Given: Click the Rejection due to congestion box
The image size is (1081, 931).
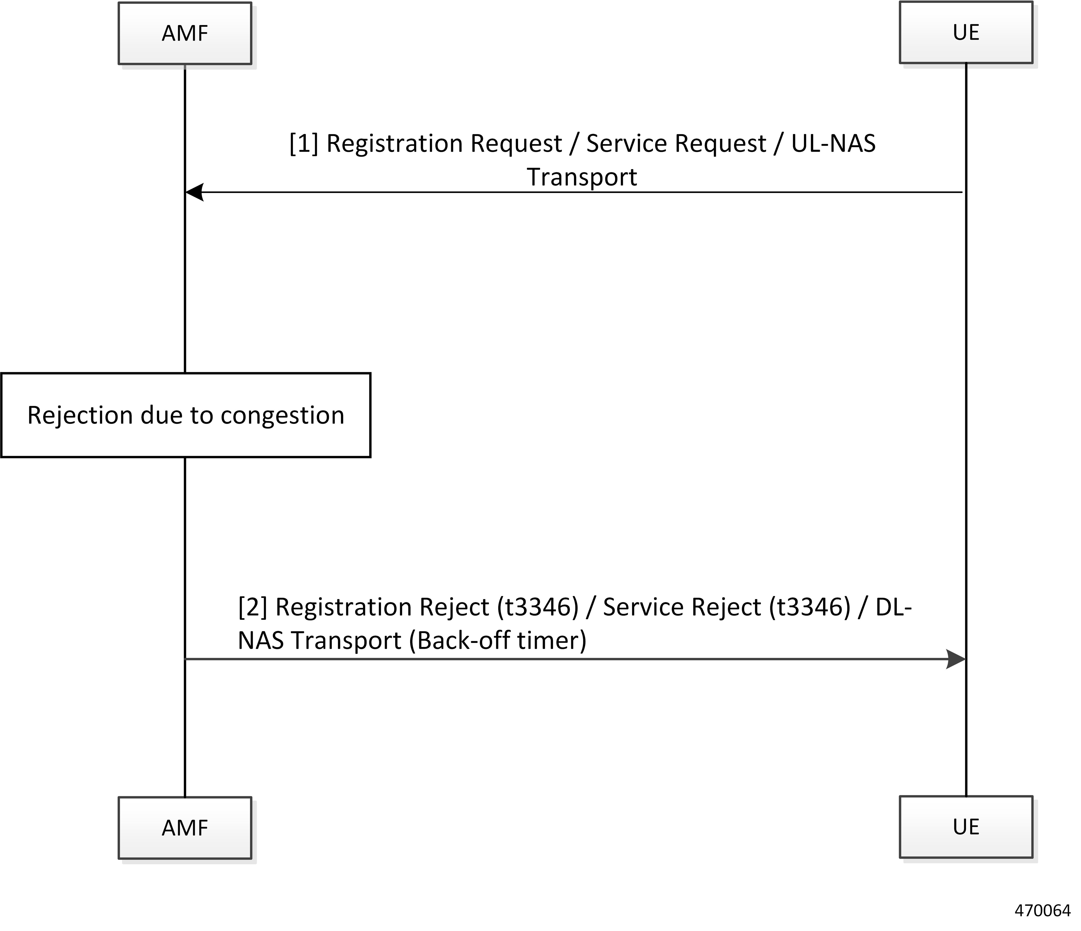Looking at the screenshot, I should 186,415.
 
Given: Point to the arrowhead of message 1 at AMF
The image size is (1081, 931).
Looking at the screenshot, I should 194,193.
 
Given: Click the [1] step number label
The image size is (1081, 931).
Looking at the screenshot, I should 304,143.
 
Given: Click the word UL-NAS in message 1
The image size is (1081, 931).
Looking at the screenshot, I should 833,143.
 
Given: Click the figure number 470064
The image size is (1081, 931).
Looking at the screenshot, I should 1042,910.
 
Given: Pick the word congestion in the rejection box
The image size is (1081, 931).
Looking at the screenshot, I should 282,416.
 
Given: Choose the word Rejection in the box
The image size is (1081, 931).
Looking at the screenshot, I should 80,416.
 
